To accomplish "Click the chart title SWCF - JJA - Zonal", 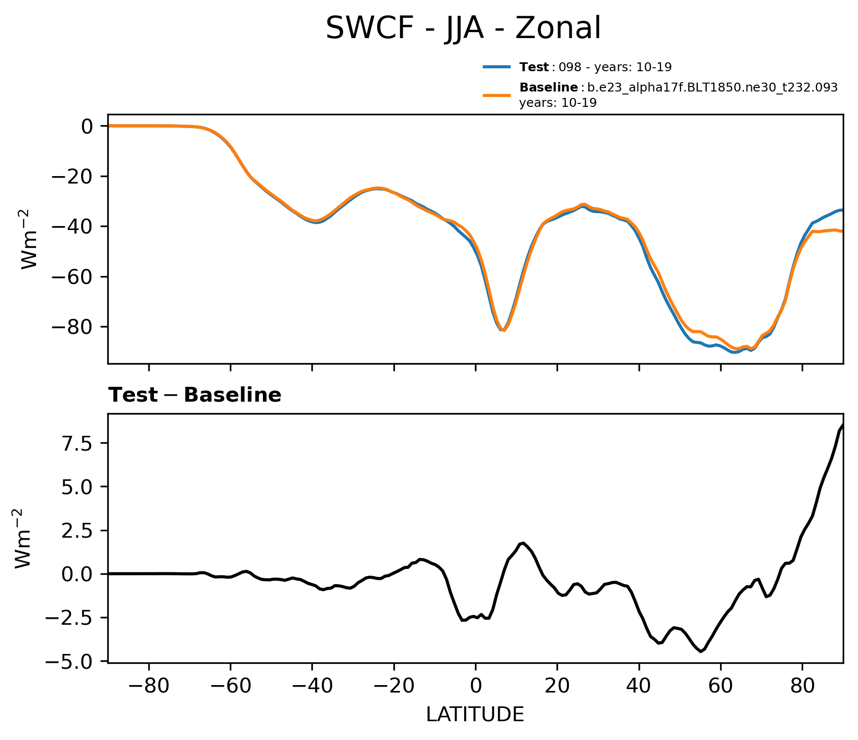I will [x=463, y=28].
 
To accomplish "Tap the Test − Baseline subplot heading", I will [x=195, y=395].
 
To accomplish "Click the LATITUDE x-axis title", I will [x=475, y=715].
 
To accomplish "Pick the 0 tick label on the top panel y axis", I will [x=87, y=127].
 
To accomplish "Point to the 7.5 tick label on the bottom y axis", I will [x=77, y=443].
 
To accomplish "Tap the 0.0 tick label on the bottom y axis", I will [x=77, y=574].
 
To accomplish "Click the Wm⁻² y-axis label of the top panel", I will [x=30, y=239].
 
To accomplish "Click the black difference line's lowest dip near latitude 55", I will [x=701, y=651].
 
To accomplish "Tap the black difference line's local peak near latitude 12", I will [x=523, y=543].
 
